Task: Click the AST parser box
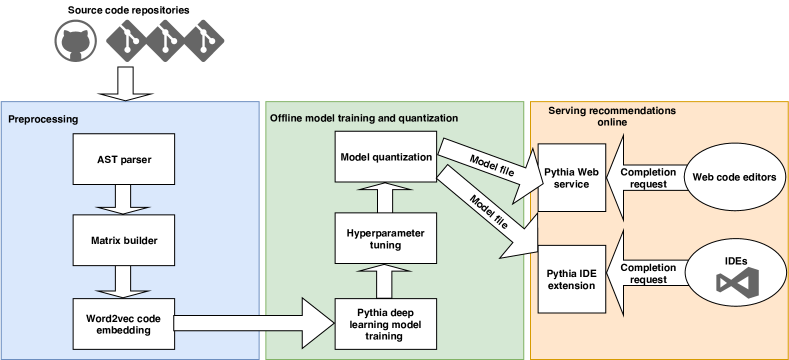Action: (124, 159)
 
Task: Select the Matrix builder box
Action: (124, 241)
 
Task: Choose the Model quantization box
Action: (386, 157)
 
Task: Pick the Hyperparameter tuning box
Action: (386, 239)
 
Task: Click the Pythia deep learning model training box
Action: (386, 322)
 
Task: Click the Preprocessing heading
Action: (43, 119)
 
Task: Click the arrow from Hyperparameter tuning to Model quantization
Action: (386, 198)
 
